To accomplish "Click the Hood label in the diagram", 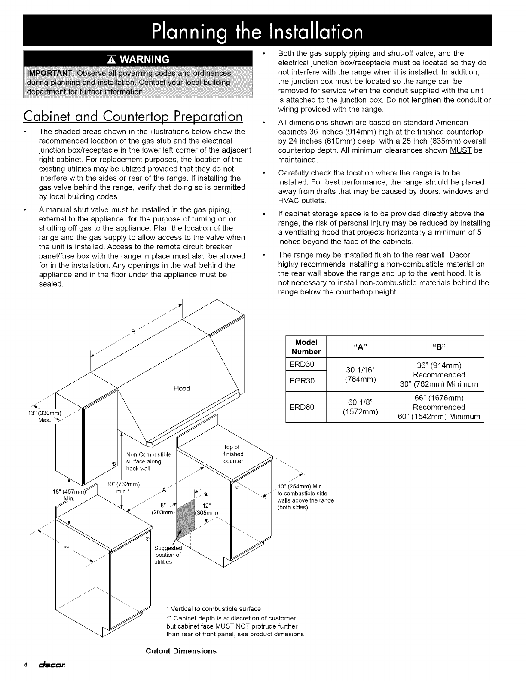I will pos(182,388).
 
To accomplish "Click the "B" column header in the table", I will pos(439,347).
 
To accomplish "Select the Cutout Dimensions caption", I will pos(181,650).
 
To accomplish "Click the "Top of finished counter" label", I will pos(233,454).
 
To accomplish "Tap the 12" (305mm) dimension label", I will pos(207,509).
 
